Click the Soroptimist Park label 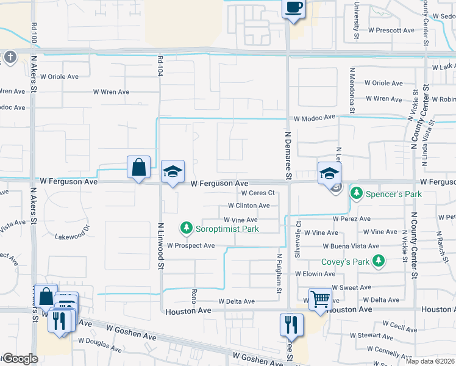(x=227, y=229)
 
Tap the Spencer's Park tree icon (x=357, y=194)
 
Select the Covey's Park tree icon (x=379, y=261)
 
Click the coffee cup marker (x=293, y=7)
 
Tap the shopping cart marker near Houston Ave (x=320, y=299)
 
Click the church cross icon (x=10, y=57)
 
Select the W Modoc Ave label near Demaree (x=315, y=117)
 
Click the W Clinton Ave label (x=252, y=206)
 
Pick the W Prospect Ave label (x=191, y=246)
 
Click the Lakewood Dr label (x=72, y=236)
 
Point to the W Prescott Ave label (x=391, y=30)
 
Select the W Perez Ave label (x=352, y=218)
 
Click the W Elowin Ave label (x=335, y=274)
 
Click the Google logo (x=21, y=359)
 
